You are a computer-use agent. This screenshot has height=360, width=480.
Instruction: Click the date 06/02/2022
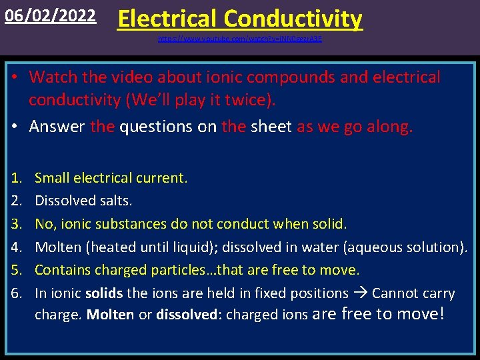coord(49,15)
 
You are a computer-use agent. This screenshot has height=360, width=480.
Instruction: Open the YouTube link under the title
coord(240,39)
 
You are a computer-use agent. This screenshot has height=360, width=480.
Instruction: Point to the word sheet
coord(271,126)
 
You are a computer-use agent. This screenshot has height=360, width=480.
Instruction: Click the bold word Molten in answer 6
coord(110,315)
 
